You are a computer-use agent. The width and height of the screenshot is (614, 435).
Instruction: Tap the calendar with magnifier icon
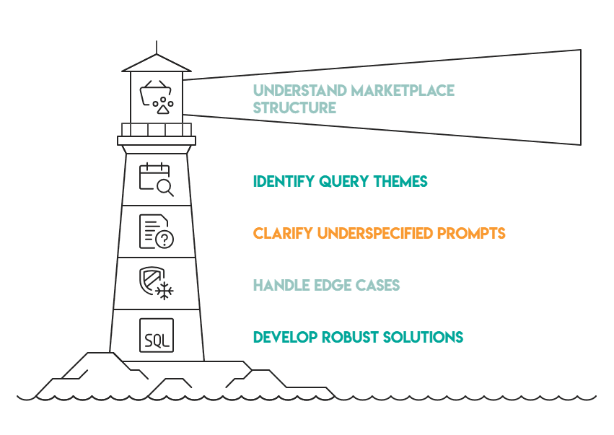tap(156, 180)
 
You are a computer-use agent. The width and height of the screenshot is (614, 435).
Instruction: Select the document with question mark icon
tap(156, 232)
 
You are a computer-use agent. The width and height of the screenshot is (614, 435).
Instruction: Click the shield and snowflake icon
tap(156, 283)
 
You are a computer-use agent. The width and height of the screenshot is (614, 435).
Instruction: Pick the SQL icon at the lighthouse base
tap(157, 335)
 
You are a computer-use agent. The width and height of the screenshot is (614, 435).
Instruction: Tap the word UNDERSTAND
tap(299, 91)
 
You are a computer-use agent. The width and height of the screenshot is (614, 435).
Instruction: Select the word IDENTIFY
tap(284, 182)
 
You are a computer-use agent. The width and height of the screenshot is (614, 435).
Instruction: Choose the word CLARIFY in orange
tap(281, 234)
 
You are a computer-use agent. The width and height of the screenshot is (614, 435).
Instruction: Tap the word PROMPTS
tap(470, 234)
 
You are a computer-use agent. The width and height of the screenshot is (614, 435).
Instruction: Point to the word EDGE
tap(329, 286)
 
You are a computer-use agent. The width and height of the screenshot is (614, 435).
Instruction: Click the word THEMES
tap(399, 182)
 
